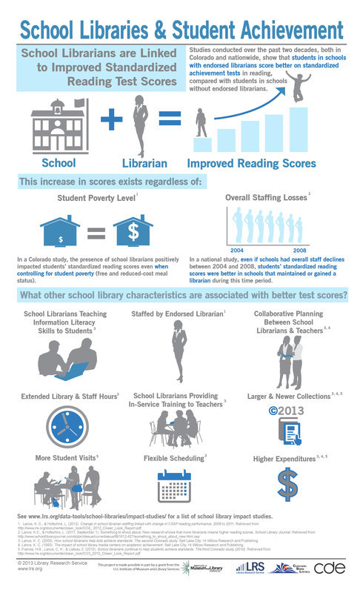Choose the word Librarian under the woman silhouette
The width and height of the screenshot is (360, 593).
[138, 162]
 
